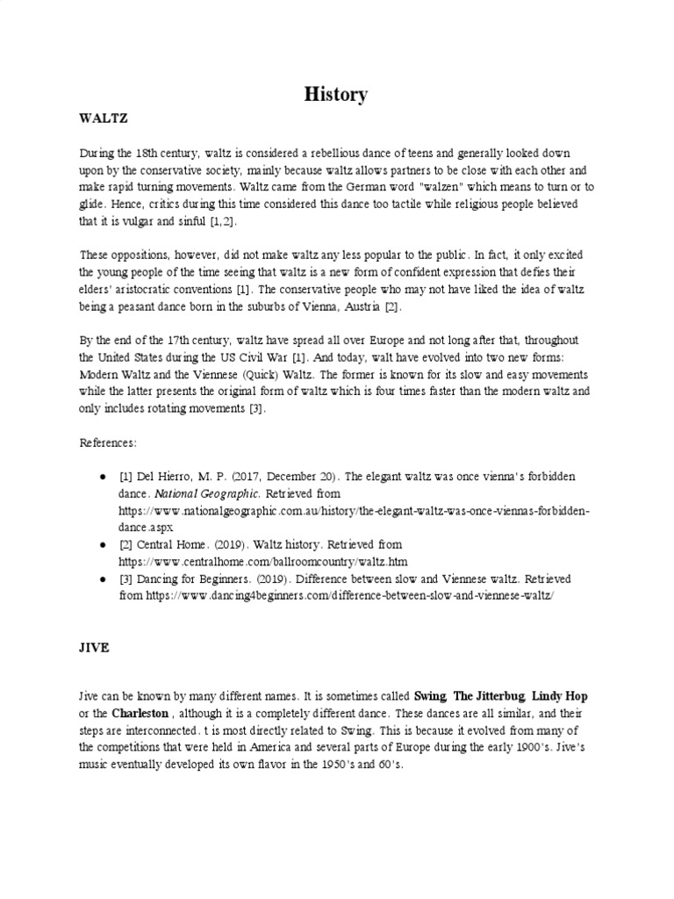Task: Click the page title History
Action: click(336, 95)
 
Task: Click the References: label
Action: click(111, 442)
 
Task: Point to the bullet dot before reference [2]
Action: click(102, 545)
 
